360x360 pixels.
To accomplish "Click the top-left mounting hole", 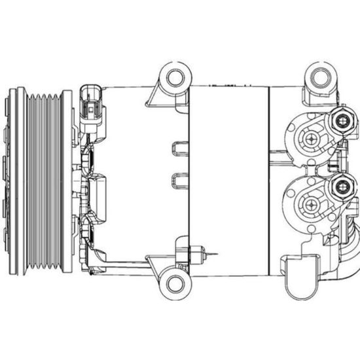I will (175, 78).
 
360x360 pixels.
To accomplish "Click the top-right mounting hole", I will (320, 78).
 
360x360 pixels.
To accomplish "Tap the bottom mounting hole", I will (175, 283).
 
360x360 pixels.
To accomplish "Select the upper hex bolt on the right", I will (342, 120).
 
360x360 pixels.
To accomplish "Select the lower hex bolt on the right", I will (342, 187).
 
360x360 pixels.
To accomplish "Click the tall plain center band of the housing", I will (228, 180).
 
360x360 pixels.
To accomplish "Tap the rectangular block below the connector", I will (98, 196).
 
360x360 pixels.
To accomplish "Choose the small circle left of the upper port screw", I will (297, 138).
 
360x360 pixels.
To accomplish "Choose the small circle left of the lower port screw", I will (297, 205).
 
